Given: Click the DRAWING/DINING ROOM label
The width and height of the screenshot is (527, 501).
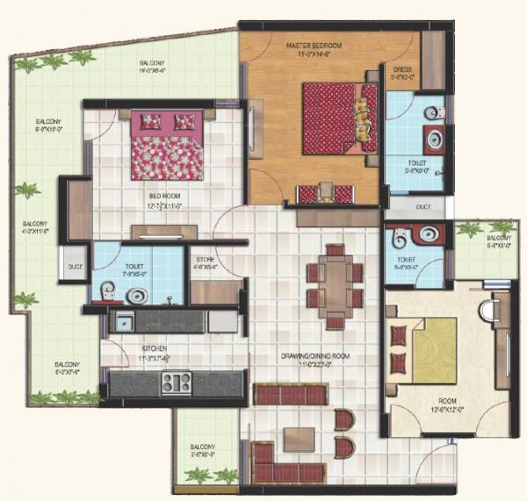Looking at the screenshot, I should pos(309,355).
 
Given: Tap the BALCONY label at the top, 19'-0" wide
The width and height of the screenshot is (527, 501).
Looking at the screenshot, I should pos(153,64).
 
